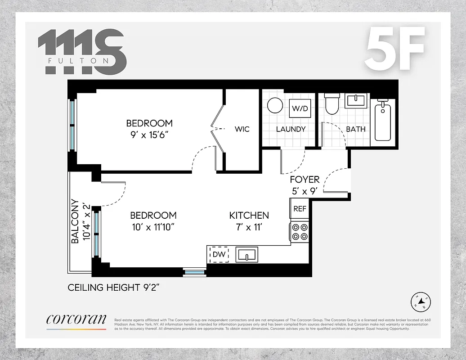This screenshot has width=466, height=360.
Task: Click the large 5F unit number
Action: point(394,49)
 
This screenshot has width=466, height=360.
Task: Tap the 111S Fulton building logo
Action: point(82,52)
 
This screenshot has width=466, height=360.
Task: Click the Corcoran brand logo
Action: point(76,319)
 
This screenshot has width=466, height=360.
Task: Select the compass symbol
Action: point(421,302)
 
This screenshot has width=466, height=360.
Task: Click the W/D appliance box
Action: point(300,108)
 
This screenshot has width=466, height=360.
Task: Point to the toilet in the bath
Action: point(332,104)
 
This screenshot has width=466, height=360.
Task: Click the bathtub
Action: point(383,121)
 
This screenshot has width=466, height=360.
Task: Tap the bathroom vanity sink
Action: point(357,100)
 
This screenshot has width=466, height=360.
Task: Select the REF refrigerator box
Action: point(300,209)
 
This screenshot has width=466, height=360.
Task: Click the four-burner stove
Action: point(300,232)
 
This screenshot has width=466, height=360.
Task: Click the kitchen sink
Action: point(246,255)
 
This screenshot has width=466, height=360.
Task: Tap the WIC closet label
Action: point(242,129)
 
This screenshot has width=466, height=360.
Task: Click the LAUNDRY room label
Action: point(291,129)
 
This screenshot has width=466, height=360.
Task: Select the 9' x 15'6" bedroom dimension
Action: point(149,134)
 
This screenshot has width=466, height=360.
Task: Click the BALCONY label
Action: point(75,221)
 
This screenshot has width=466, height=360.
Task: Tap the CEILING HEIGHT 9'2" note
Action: point(114,287)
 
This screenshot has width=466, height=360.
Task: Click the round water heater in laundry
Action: point(275,106)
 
